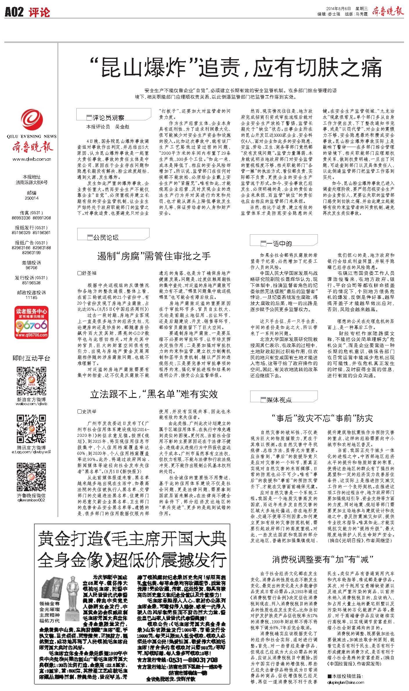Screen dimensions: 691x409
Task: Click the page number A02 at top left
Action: click(x=14, y=12)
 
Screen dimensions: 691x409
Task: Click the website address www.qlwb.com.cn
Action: click(x=32, y=159)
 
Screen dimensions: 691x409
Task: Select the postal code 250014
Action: click(x=32, y=198)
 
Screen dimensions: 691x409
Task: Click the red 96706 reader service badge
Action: click(x=32, y=322)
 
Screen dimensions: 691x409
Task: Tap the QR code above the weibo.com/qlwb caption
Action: click(x=31, y=381)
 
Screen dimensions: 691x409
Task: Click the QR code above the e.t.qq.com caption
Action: click(x=31, y=429)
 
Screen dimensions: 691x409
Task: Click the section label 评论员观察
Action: click(x=108, y=118)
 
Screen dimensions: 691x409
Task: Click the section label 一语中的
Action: click(x=279, y=244)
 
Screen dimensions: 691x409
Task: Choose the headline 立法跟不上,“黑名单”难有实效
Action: click(x=154, y=394)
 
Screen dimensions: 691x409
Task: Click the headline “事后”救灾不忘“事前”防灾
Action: click(x=322, y=418)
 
